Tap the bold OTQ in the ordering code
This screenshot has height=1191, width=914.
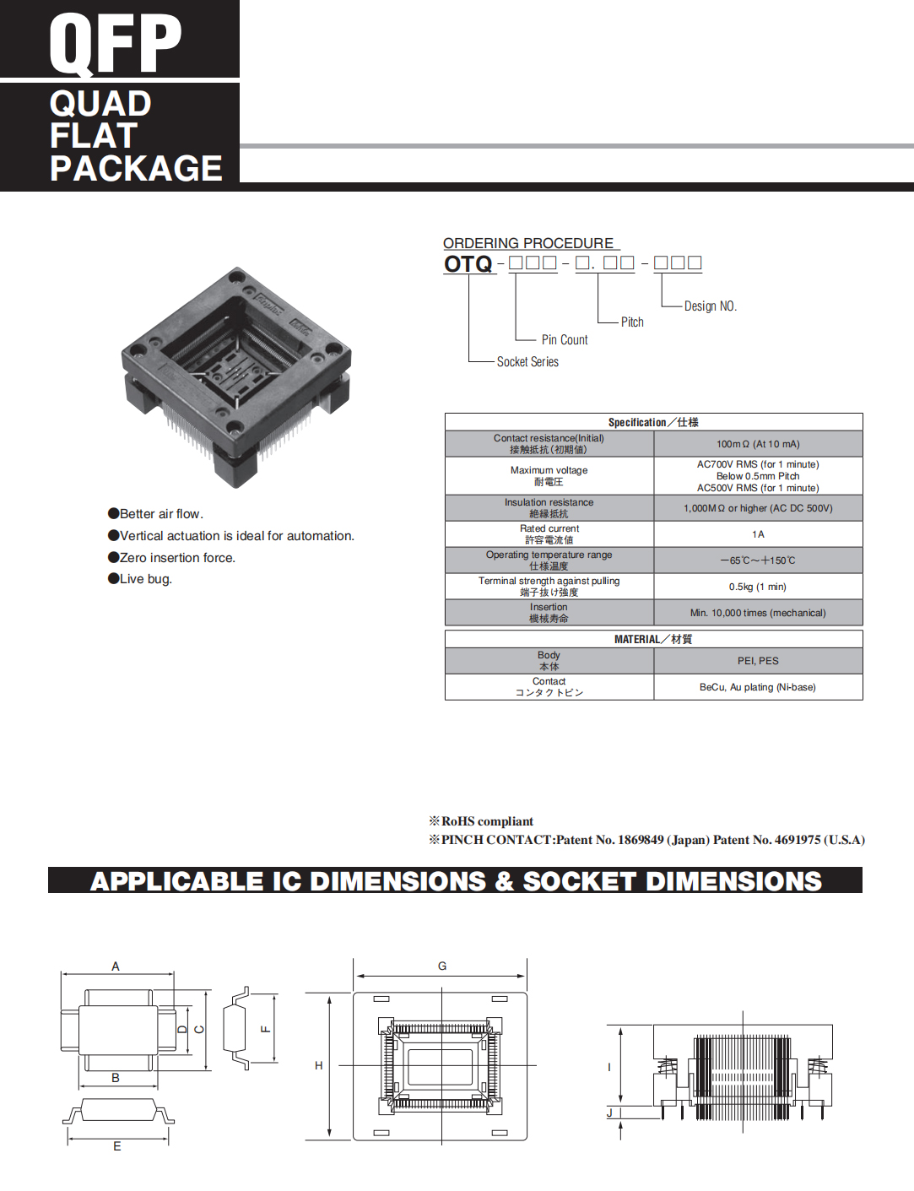pyautogui.click(x=468, y=264)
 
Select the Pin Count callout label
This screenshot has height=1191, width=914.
pyautogui.click(x=565, y=340)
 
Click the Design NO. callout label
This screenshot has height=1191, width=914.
pyautogui.click(x=710, y=306)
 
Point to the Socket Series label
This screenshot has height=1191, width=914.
pyautogui.click(x=527, y=362)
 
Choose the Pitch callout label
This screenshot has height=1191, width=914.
pyautogui.click(x=632, y=322)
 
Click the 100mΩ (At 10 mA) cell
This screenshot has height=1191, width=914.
pyautogui.click(x=758, y=444)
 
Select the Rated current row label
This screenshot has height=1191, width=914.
pyautogui.click(x=549, y=534)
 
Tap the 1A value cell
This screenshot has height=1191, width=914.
pyautogui.click(x=758, y=534)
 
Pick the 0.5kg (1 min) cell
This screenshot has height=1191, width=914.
pyautogui.click(x=758, y=587)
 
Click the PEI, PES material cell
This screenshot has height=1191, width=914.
pyautogui.click(x=758, y=661)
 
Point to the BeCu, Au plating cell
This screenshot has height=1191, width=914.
pyautogui.click(x=758, y=687)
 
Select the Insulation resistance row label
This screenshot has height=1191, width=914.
pyautogui.click(x=549, y=508)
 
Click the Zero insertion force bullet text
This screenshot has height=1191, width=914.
pyautogui.click(x=177, y=558)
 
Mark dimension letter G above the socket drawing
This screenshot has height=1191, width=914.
pyautogui.click(x=442, y=966)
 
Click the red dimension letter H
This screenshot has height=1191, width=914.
pyautogui.click(x=319, y=1066)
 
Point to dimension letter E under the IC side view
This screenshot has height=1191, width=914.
pyautogui.click(x=117, y=1146)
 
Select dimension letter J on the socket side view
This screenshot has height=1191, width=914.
pyautogui.click(x=609, y=1113)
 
